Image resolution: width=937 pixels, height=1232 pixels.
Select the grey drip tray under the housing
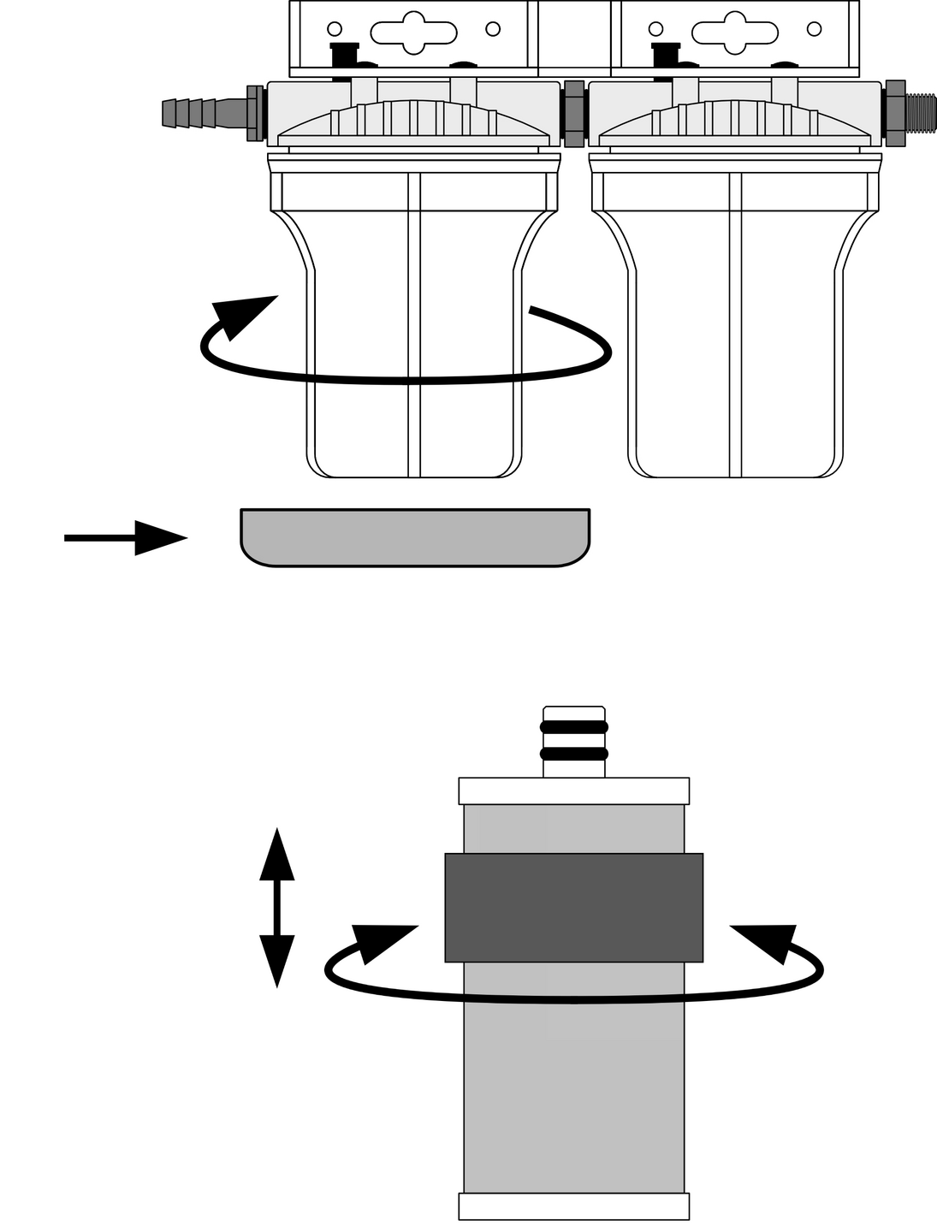pos(415,538)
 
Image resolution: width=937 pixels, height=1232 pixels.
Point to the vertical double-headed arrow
pos(276,907)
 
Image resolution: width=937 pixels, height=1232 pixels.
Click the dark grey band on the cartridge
pos(573,907)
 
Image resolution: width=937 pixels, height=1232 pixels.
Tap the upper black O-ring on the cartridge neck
pos(573,727)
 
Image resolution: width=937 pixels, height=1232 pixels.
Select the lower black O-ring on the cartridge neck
pos(573,754)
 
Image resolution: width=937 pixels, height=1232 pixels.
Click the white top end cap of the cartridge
pos(573,791)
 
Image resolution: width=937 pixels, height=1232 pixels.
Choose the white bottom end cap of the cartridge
pos(573,1206)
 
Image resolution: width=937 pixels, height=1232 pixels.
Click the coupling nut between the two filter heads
pos(575,114)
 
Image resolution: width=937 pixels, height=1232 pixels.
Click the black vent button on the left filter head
pos(343,55)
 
